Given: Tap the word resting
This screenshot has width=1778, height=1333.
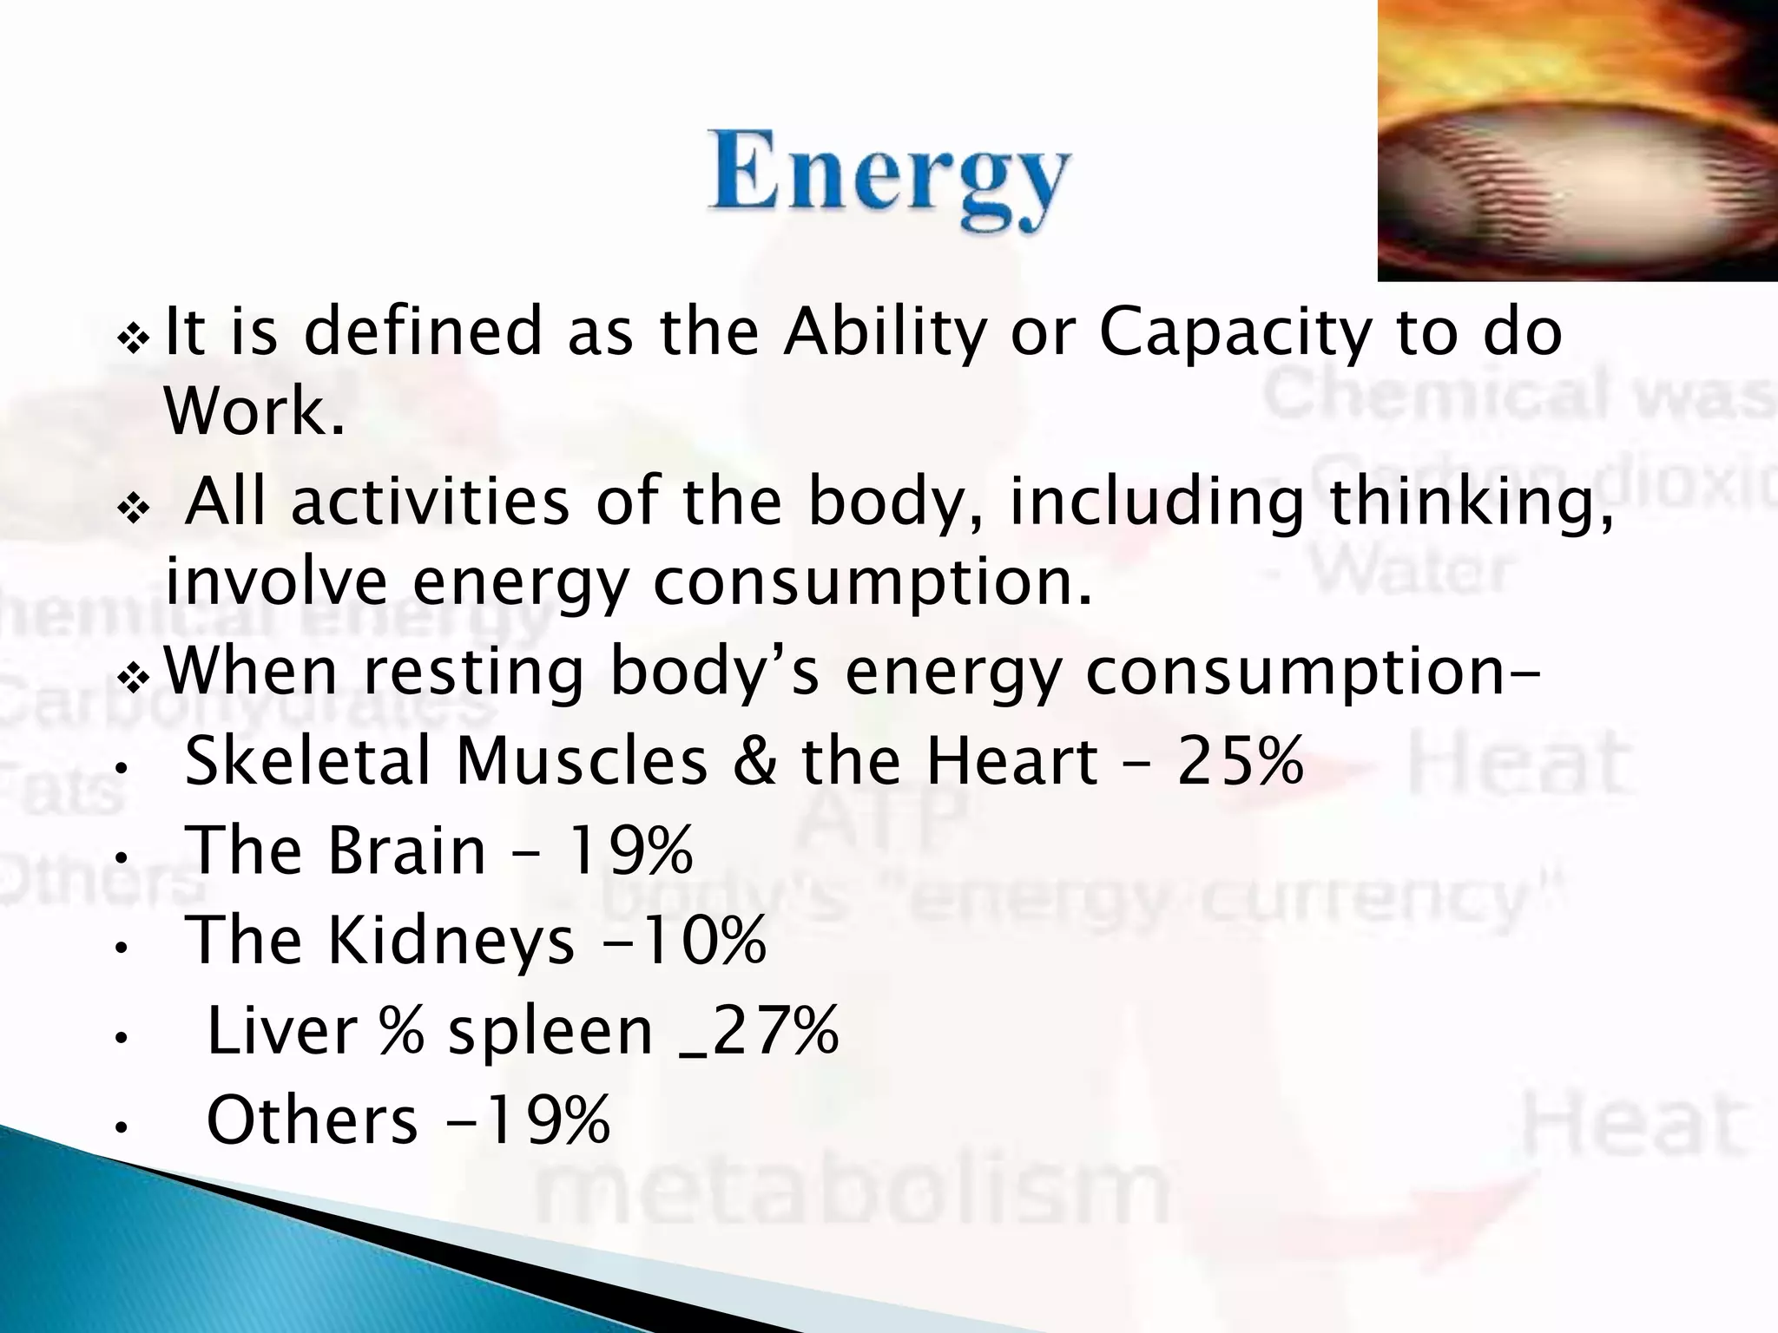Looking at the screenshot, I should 473,673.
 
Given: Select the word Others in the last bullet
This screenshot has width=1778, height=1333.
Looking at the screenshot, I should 313,1120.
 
